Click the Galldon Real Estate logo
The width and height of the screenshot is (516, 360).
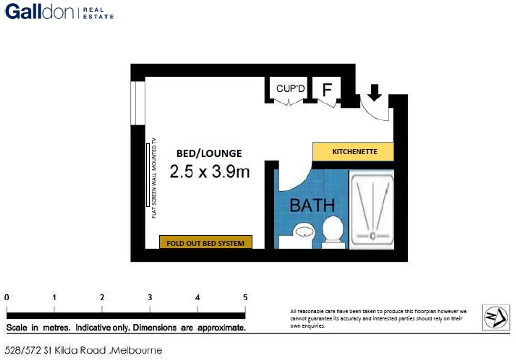(59, 12)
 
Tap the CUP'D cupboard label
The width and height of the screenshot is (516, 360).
(290, 89)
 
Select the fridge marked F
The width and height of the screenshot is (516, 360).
(327, 89)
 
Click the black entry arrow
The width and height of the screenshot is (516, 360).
(374, 92)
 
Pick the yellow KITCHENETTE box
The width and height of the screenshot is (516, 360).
(353, 152)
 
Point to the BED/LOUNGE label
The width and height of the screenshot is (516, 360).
(209, 153)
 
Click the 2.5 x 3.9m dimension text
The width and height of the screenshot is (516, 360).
(209, 172)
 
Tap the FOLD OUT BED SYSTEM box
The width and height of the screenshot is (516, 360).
(205, 243)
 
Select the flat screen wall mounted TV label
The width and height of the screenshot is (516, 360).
(154, 178)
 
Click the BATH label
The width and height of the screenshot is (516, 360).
(312, 205)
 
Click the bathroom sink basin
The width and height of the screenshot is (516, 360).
(304, 231)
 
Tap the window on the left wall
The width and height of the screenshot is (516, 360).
(138, 103)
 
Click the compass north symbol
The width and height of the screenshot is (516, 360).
(496, 317)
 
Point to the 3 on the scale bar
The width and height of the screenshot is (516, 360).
(150, 297)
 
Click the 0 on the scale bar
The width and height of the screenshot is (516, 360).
(7, 297)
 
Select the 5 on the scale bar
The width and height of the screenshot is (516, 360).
(245, 297)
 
